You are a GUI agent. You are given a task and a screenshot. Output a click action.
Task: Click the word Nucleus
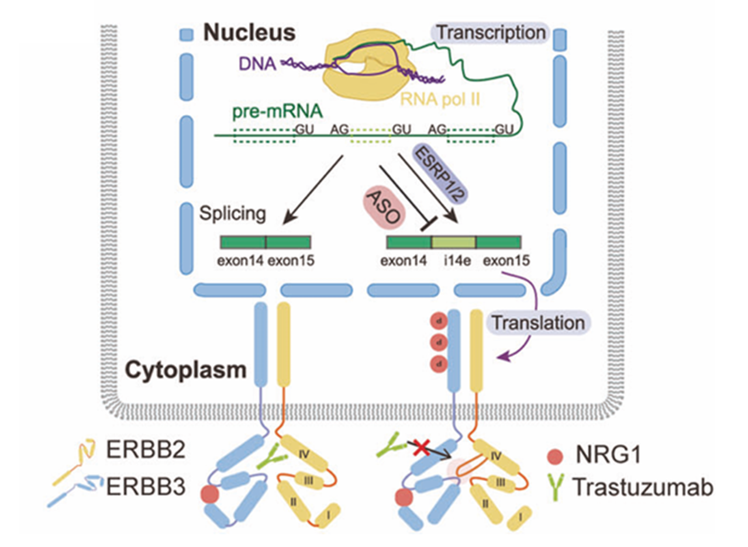click(249, 33)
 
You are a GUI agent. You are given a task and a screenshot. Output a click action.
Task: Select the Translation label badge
click(539, 322)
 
